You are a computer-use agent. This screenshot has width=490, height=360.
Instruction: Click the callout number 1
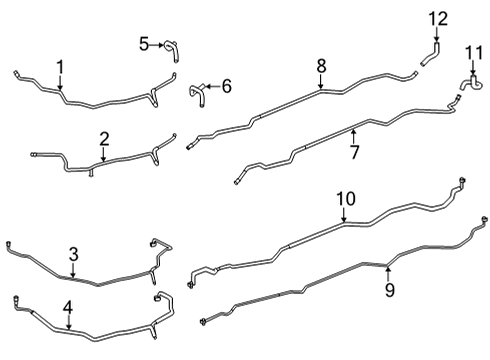[x=60, y=67]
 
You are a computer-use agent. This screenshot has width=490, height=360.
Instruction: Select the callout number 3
[x=73, y=254]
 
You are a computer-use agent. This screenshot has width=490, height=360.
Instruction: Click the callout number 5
[x=144, y=44]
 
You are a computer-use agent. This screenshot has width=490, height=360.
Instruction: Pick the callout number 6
[x=226, y=87]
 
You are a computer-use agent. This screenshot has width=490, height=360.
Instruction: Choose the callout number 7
[x=353, y=151]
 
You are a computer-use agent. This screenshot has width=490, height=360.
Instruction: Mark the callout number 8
[x=321, y=66]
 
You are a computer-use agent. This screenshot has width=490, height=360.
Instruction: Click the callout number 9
[x=390, y=289]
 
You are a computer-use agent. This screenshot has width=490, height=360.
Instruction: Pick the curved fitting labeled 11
[x=467, y=84]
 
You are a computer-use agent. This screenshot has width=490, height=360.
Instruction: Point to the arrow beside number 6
[x=211, y=87]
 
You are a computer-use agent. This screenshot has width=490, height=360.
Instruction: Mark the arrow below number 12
[x=438, y=35]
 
